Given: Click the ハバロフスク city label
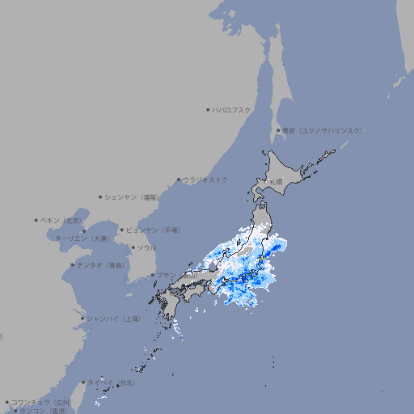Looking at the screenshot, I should pos(232,109).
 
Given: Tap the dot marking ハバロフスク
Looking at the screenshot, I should pos(208,109).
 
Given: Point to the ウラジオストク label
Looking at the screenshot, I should pos(205,180).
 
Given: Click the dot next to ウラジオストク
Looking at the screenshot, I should pos(179,180).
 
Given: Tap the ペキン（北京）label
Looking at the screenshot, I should pos(61,220).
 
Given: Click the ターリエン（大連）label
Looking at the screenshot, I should pos(82,239).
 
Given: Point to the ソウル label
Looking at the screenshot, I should pos(146,247).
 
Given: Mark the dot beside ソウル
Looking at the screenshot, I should pos(133,247).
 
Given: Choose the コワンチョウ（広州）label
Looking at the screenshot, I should pos(40,402).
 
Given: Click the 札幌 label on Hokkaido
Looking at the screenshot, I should pos(277,181).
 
